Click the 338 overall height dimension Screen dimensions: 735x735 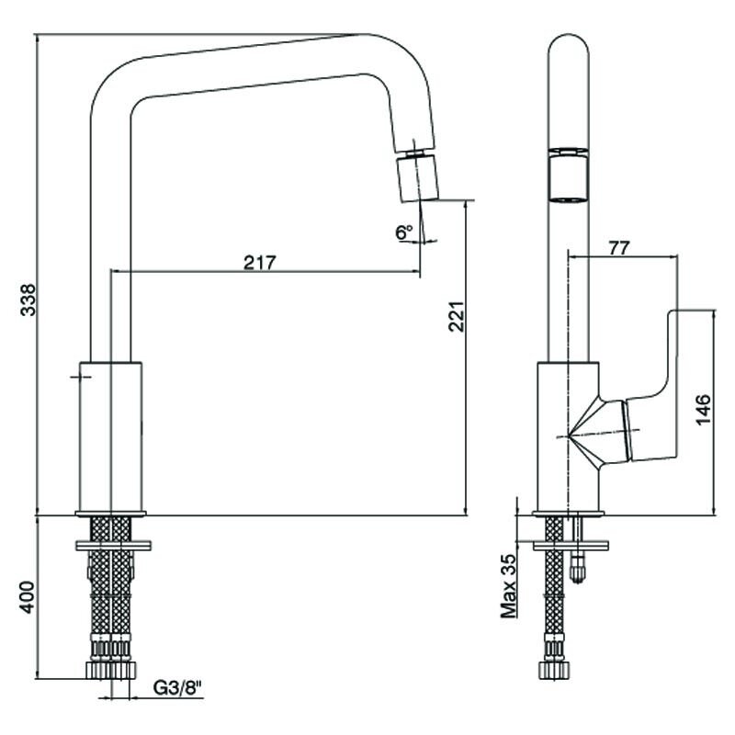point(28,300)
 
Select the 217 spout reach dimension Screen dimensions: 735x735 point(260,263)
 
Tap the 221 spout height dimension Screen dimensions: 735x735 point(456,316)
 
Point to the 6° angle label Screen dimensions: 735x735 point(404,232)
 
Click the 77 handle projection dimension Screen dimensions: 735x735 point(618,248)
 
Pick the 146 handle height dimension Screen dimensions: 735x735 point(703,410)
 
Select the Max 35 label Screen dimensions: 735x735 point(508,586)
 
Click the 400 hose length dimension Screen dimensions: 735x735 point(28,597)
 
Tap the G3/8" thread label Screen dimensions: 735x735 point(177,687)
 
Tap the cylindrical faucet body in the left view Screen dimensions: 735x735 point(110,437)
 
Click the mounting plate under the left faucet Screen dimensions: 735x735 point(113,546)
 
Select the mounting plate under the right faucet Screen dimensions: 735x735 point(571,546)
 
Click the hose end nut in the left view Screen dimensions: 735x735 point(111,670)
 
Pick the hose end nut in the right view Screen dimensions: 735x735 point(555,670)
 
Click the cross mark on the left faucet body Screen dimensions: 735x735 point(81,377)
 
